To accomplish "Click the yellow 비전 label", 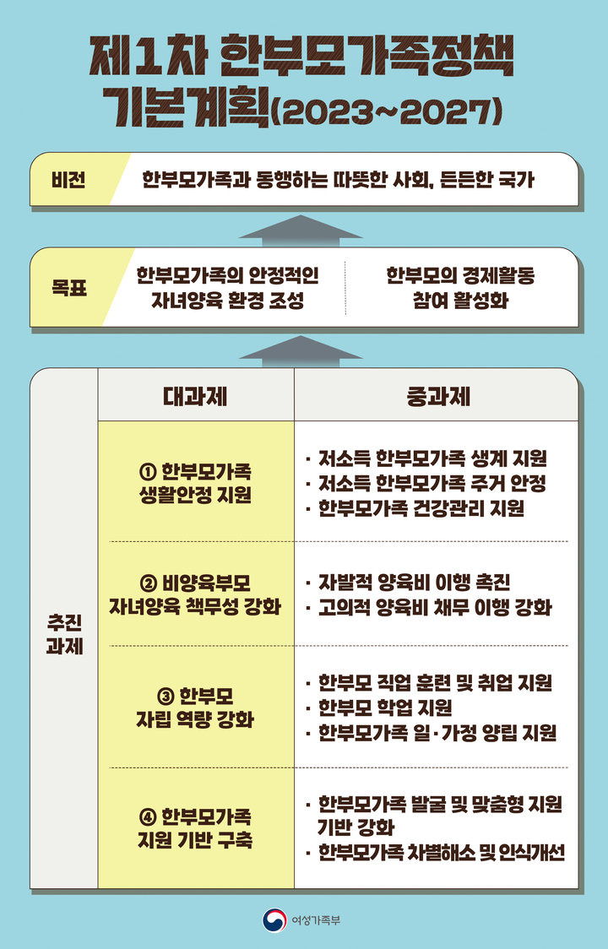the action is tap(68, 180).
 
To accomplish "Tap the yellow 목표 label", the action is tap(68, 287).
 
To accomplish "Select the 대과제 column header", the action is tap(195, 395).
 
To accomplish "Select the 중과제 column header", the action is tap(436, 395).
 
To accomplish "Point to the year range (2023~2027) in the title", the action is tap(389, 111).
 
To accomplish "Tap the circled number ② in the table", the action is tap(145, 583).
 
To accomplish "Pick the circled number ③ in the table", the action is tap(165, 696).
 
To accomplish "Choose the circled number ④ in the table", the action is tap(145, 817).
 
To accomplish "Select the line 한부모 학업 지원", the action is tap(384, 708).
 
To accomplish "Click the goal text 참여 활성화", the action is tap(460, 301).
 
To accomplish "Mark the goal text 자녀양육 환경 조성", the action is tap(227, 301).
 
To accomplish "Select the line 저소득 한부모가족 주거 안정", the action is tap(432, 484).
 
